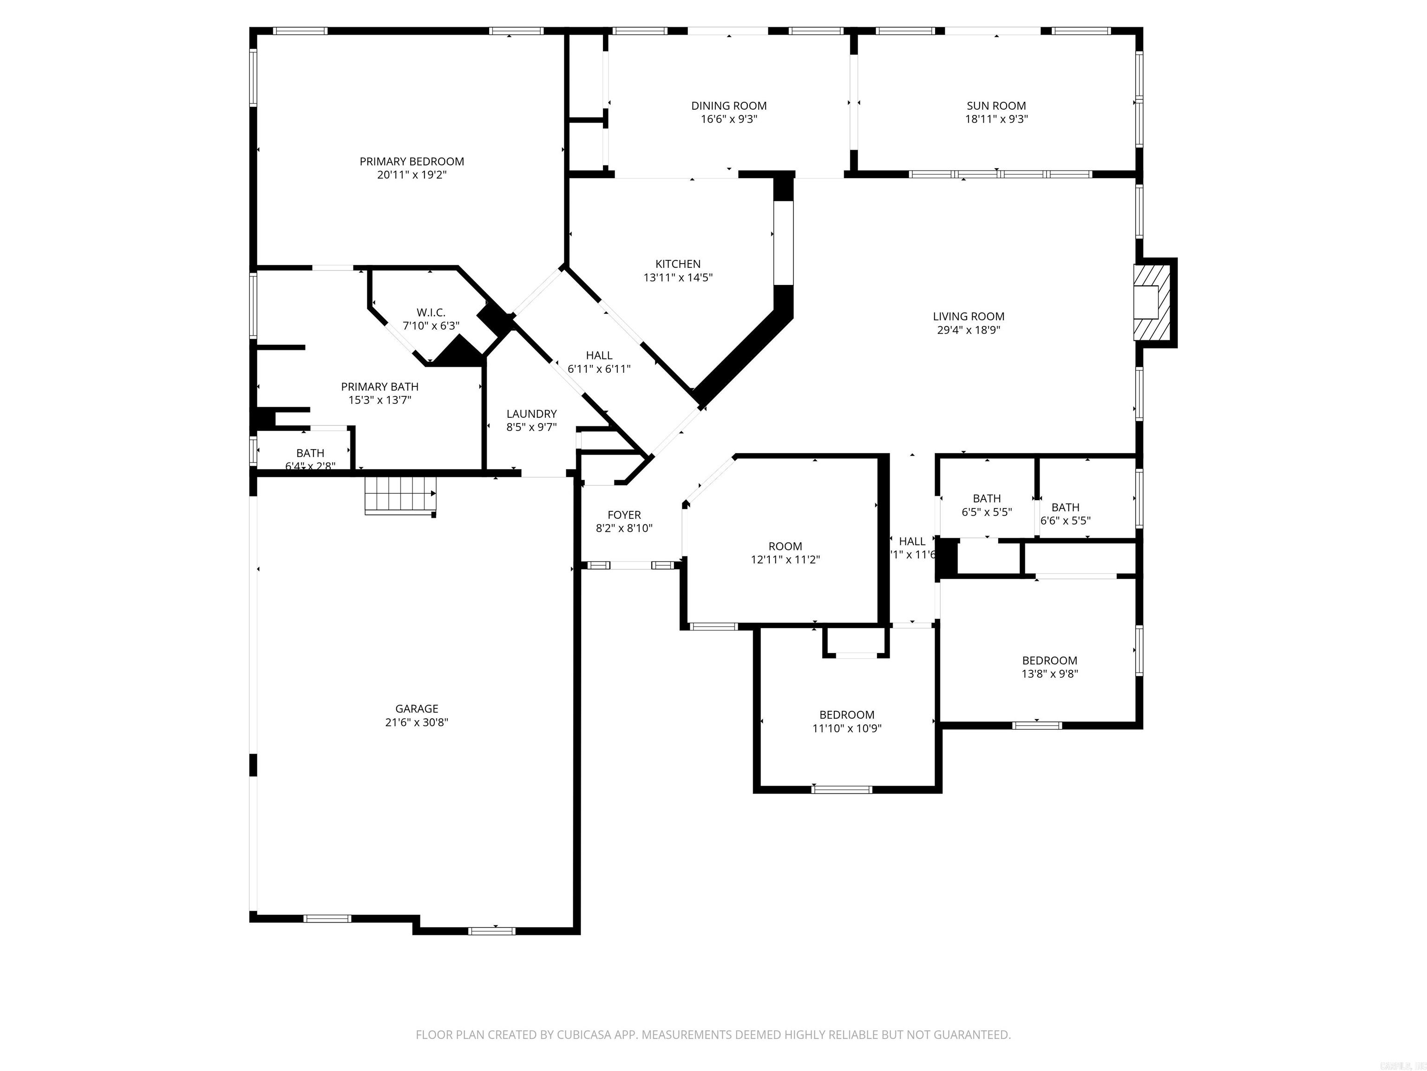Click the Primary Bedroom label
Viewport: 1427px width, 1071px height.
(x=412, y=161)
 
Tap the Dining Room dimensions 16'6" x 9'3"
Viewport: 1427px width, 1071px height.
(x=728, y=119)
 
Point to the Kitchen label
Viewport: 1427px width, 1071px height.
(x=677, y=264)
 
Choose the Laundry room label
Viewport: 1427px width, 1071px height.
(x=531, y=414)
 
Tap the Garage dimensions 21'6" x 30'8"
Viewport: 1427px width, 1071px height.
(x=416, y=722)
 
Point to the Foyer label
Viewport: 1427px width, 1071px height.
(x=624, y=515)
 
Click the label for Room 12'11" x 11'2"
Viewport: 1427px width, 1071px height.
(x=785, y=546)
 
